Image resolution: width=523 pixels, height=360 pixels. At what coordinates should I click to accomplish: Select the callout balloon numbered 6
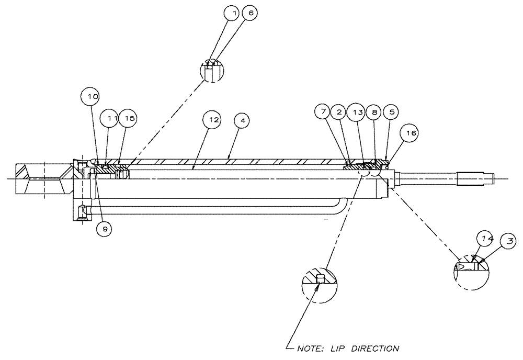pyautogui.click(x=249, y=14)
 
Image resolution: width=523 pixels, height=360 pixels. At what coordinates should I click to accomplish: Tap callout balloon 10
pyautogui.click(x=93, y=97)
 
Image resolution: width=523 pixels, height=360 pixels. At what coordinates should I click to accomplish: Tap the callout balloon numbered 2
pyautogui.click(x=339, y=112)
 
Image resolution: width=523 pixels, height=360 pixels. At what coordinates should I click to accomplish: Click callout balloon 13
pyautogui.click(x=357, y=112)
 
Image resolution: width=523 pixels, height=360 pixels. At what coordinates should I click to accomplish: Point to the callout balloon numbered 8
pyautogui.click(x=373, y=112)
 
